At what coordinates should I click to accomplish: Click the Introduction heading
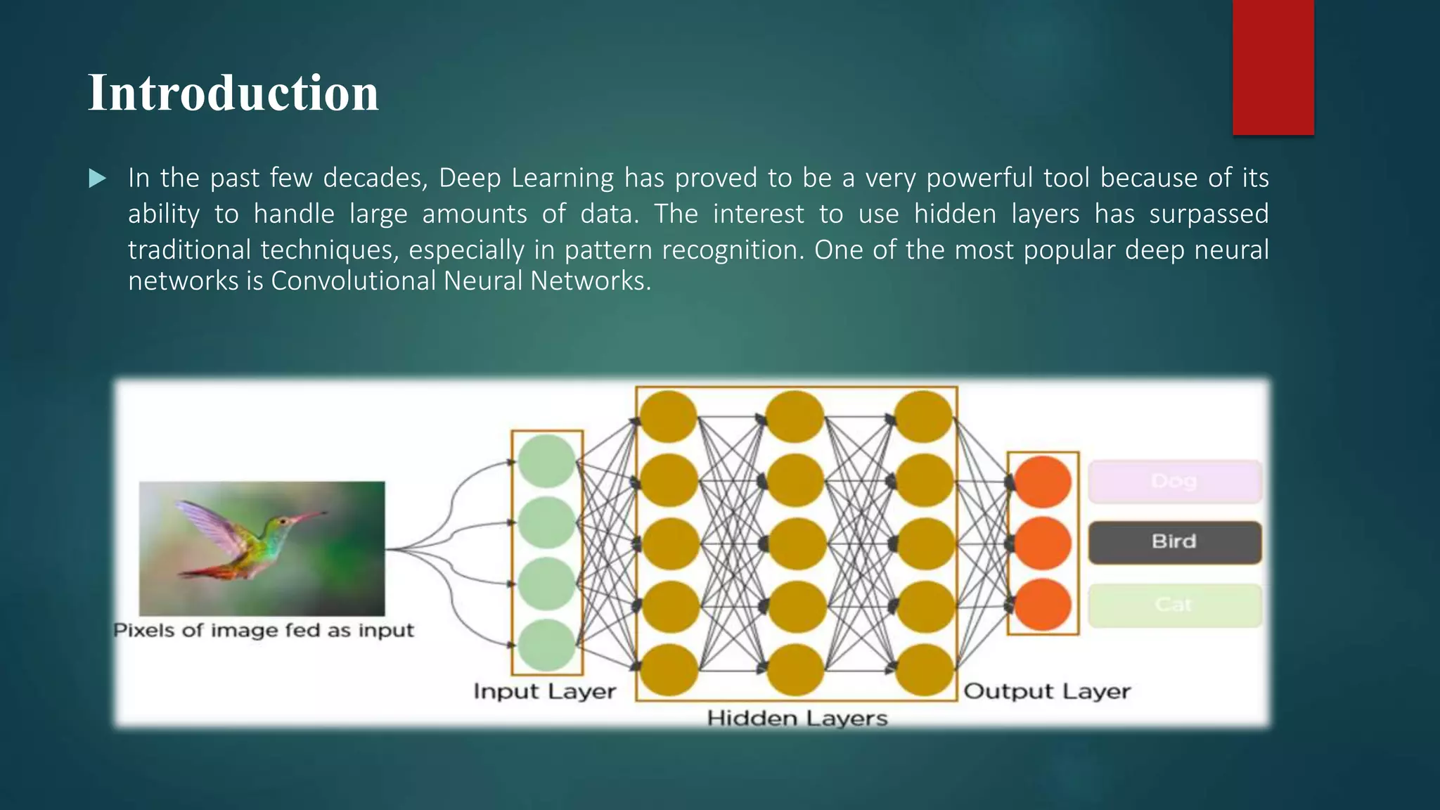click(x=233, y=93)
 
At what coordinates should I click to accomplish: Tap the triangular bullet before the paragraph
click(x=98, y=179)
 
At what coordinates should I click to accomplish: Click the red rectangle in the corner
click(x=1273, y=67)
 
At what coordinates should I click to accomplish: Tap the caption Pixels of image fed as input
click(x=264, y=630)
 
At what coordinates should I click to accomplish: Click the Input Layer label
click(x=544, y=691)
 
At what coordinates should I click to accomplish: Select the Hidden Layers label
click(x=797, y=719)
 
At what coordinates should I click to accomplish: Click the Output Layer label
click(x=1046, y=691)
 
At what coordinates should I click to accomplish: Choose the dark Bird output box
click(x=1174, y=542)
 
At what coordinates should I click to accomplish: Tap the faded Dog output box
click(x=1174, y=482)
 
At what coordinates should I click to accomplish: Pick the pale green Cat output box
click(x=1174, y=605)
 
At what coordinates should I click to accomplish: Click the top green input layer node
click(x=547, y=461)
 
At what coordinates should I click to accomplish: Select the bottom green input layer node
click(x=547, y=645)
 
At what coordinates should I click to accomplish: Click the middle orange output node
click(x=1042, y=543)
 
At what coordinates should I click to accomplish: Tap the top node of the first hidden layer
click(x=668, y=416)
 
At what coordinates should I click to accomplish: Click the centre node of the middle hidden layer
click(x=795, y=544)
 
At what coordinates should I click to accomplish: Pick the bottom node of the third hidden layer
click(x=924, y=671)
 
